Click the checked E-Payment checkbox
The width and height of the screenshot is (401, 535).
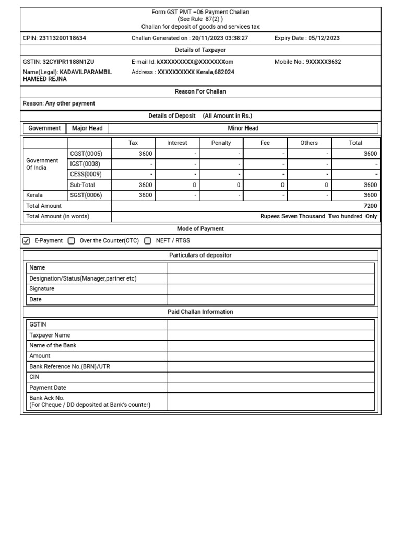coord(27,241)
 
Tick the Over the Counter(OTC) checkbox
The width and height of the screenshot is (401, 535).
coord(72,241)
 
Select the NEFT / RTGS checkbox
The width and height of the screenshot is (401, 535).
coord(148,241)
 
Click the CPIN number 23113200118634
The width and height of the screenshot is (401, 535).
coord(63,38)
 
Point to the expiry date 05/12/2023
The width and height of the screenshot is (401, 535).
coord(324,38)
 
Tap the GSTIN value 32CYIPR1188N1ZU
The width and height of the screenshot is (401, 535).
coord(68,62)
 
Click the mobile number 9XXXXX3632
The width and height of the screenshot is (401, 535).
coord(323,62)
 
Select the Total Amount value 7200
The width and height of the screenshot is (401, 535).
coord(370,206)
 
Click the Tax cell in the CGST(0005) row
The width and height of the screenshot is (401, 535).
coord(134,154)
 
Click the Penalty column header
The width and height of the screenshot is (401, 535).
coord(221,143)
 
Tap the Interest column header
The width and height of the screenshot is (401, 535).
coord(177,143)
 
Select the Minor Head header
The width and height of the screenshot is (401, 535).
coord(243,128)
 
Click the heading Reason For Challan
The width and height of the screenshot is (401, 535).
coord(200,91)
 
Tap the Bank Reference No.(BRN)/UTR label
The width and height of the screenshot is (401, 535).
coord(69,367)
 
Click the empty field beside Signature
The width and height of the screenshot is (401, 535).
coord(270,289)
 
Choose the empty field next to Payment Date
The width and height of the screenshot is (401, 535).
coord(270,388)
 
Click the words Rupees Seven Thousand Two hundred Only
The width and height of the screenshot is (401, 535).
coord(319,216)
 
